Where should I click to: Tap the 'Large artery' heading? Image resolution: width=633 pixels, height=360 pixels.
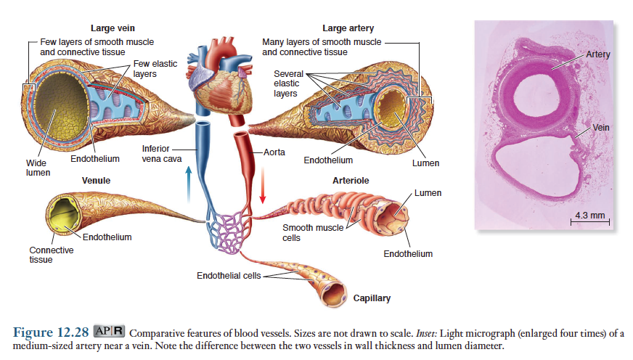[348, 28]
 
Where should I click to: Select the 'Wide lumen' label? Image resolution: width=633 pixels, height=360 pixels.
[38, 168]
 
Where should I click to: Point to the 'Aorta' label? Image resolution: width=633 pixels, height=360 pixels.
[275, 153]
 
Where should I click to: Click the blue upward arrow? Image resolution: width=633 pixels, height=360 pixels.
[188, 181]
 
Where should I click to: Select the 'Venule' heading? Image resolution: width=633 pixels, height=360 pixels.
[96, 180]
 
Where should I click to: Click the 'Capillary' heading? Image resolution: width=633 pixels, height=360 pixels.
[372, 298]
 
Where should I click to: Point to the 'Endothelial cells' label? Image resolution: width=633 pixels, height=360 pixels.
[229, 276]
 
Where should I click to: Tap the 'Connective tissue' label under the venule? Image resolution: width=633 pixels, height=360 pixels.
[51, 255]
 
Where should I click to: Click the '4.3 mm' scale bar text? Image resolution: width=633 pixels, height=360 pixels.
[589, 216]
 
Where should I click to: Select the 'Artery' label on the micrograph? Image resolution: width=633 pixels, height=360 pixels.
[598, 54]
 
